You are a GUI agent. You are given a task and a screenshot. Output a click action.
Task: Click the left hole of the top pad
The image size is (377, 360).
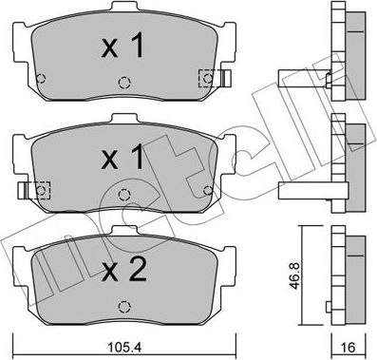[39, 77]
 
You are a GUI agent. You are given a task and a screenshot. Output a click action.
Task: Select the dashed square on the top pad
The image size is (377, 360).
[204, 77]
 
